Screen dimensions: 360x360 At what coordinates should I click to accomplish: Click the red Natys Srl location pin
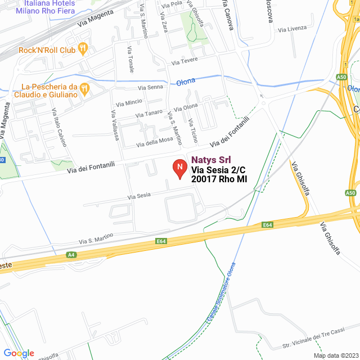179,168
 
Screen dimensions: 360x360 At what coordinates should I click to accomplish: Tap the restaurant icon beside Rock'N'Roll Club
83,49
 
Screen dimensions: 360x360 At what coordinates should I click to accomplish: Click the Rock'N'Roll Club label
47,50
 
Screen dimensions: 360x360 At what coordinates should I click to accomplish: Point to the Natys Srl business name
211,160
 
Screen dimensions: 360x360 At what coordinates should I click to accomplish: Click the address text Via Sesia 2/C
219,170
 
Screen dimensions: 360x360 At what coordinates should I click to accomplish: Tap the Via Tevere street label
186,61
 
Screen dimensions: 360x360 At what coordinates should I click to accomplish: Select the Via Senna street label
151,87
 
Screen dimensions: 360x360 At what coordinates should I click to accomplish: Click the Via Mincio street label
129,103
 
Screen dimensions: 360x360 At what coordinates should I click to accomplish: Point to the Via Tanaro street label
150,114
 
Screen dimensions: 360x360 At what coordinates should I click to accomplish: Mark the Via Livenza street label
292,29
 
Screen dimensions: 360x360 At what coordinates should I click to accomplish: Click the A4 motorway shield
71,255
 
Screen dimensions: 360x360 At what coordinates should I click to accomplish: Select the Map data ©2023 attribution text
336,355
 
